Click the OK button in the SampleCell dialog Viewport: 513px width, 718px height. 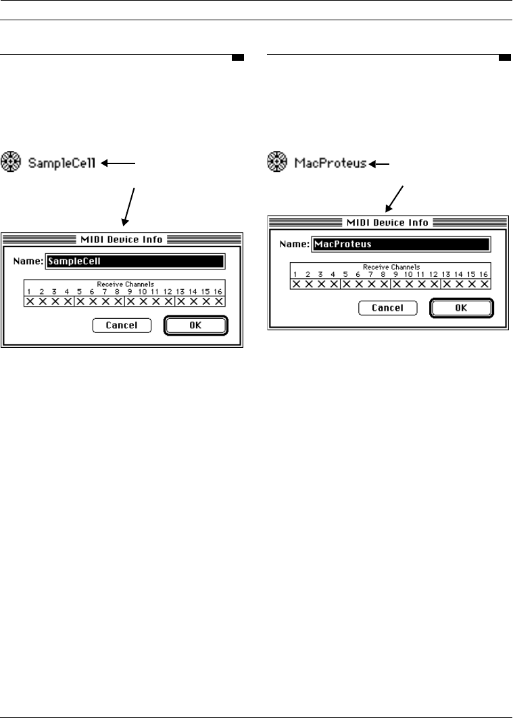click(196, 326)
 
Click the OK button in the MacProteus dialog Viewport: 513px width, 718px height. click(462, 308)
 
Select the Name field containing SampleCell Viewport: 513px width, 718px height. click(135, 261)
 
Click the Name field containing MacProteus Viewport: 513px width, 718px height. click(401, 244)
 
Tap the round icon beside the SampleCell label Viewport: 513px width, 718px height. click(11, 162)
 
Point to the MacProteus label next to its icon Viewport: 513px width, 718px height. click(331, 163)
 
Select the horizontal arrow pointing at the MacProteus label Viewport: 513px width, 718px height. click(381, 163)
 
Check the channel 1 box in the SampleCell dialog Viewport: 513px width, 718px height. click(30, 301)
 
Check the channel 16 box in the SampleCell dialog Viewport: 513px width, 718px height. click(218, 301)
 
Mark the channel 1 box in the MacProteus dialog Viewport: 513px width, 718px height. click(296, 284)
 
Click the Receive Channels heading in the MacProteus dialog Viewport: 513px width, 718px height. click(390, 267)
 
